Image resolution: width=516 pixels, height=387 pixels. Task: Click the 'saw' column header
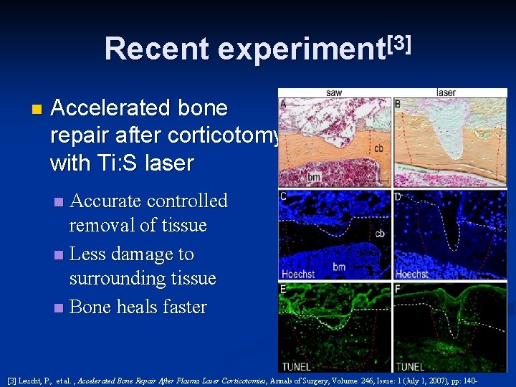pyautogui.click(x=334, y=92)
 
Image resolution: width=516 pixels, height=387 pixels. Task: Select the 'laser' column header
pyautogui.click(x=446, y=92)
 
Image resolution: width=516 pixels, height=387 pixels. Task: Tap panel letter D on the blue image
pyautogui.click(x=398, y=196)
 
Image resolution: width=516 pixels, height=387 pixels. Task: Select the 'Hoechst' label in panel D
pyautogui.click(x=413, y=274)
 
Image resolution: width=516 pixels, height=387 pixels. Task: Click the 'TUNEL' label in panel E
pyautogui.click(x=297, y=366)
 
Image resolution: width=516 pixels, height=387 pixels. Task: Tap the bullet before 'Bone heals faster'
pyautogui.click(x=59, y=308)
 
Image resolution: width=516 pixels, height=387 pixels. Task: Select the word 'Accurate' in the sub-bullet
pyautogui.click(x=106, y=201)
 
